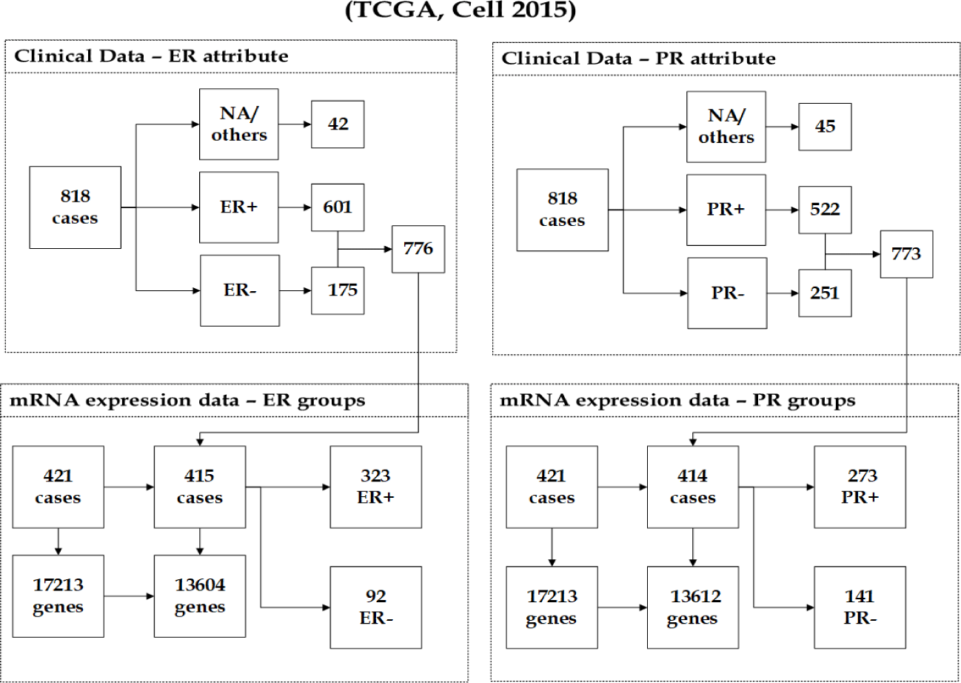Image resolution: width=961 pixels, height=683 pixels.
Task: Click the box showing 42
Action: pos(338,124)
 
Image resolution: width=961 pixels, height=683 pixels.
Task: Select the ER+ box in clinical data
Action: pos(238,207)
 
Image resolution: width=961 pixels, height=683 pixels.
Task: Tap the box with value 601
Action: pos(338,207)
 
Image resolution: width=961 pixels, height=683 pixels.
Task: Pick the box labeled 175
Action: pos(338,290)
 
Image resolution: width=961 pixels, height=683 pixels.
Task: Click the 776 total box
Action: pos(418,249)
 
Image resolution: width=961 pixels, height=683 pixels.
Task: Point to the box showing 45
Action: pos(825,127)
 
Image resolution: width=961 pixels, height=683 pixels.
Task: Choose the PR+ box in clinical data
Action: pos(726,210)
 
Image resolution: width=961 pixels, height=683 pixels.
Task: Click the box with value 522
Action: pos(825,210)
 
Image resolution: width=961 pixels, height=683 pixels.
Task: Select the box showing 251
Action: pos(825,293)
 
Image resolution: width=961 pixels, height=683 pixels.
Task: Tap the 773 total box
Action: pos(906,254)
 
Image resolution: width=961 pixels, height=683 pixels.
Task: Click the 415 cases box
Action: pos(200,487)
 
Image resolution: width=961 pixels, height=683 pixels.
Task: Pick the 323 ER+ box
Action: pos(376,487)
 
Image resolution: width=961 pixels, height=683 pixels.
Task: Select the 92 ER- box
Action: pos(376,607)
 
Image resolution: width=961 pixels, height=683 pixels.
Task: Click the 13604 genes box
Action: pos(200,596)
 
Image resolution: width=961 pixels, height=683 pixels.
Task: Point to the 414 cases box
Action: pos(693,487)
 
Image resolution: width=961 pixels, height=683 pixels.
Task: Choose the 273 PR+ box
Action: pos(860,487)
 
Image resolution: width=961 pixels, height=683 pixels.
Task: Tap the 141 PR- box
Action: pos(860,607)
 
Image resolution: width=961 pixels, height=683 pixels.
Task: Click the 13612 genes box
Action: pos(693,607)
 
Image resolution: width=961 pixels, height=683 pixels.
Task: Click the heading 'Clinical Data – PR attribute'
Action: pos(638,59)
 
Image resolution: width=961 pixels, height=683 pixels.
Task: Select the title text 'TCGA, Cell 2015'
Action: pos(461,10)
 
